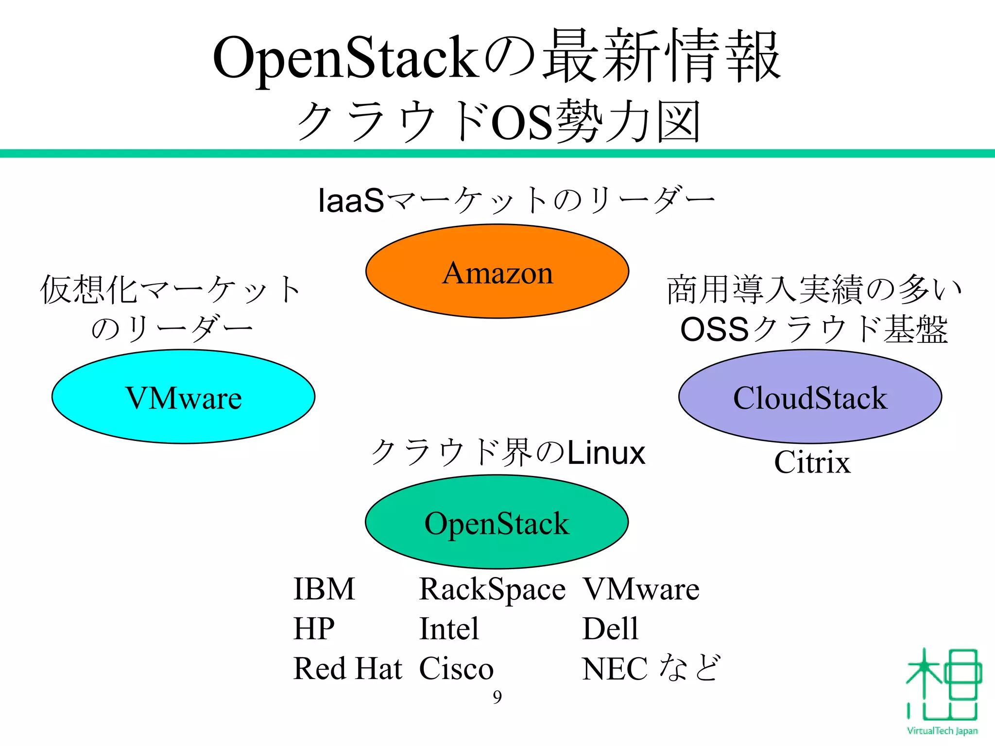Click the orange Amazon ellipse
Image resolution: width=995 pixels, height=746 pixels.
point(497,271)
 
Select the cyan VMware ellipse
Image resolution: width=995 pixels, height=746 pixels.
point(183,396)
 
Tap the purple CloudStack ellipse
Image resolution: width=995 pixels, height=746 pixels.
point(810,396)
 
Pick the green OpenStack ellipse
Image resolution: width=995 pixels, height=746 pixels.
point(497,522)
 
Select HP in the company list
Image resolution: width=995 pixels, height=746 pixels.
point(314,628)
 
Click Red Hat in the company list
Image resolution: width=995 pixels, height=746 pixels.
point(348,668)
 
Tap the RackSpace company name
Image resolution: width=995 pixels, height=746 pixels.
point(492,590)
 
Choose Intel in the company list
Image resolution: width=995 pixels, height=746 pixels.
point(449,628)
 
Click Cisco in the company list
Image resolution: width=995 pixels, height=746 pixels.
point(456,668)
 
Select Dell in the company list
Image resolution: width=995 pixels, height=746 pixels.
point(610,628)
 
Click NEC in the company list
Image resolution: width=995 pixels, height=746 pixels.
point(615,668)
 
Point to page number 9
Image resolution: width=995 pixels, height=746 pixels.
point(497,697)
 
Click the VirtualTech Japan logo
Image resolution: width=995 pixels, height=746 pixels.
point(943,690)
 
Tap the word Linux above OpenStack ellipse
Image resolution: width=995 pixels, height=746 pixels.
point(606,453)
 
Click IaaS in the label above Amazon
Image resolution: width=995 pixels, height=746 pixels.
point(351,200)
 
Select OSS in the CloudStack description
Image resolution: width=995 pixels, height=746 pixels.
point(714,329)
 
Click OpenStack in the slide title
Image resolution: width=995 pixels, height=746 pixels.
point(345,57)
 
